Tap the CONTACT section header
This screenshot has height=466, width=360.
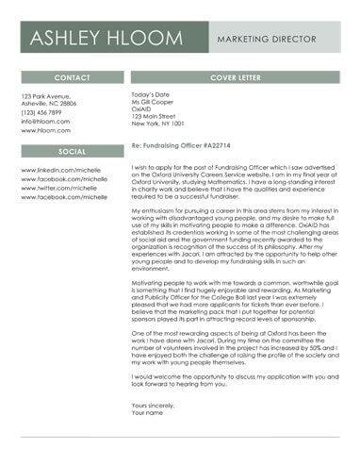click(72, 76)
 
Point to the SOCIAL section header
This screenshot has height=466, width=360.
click(72, 150)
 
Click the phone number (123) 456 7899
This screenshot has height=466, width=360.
click(47, 112)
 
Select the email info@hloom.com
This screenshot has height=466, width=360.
click(45, 121)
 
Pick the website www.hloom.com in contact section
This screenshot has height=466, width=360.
click(45, 130)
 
